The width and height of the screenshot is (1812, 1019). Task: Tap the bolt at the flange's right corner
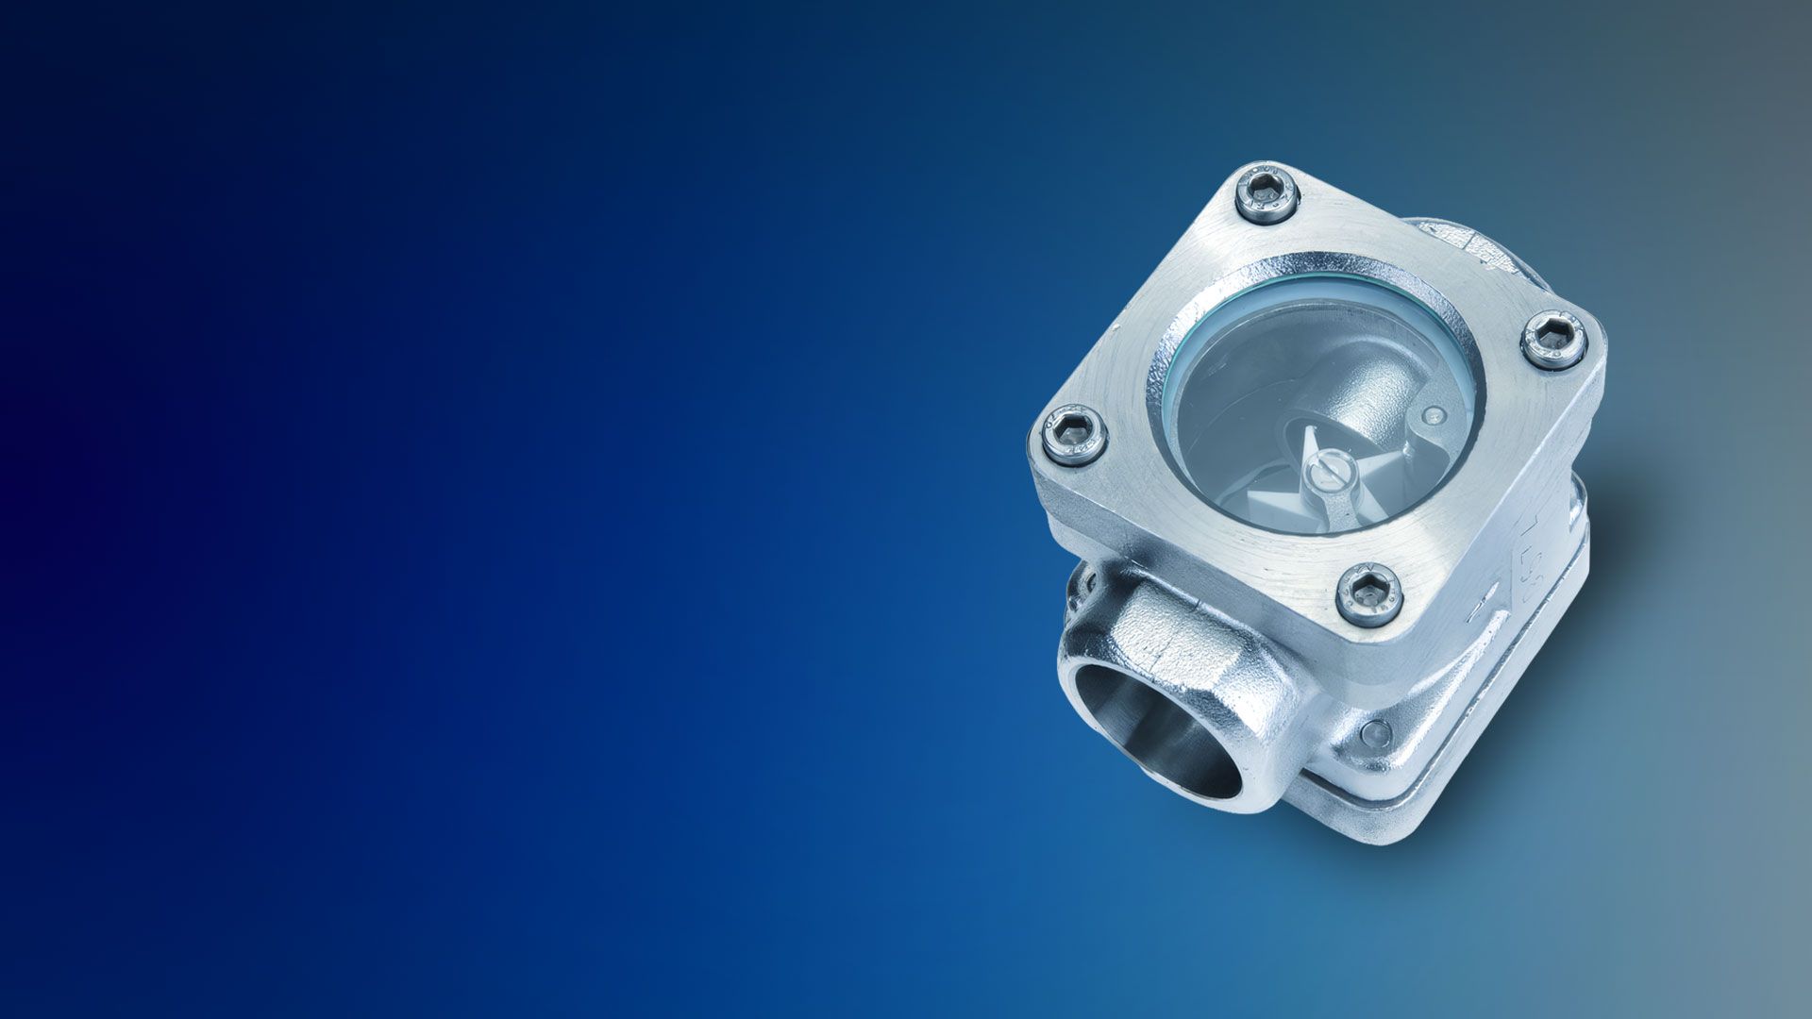[1552, 339]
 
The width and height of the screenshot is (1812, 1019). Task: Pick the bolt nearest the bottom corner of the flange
[1369, 593]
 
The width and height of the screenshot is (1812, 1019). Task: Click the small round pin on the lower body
[1376, 730]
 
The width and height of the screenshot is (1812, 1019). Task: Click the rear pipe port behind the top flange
[1444, 241]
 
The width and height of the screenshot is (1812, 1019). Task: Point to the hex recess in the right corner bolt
[1553, 337]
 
